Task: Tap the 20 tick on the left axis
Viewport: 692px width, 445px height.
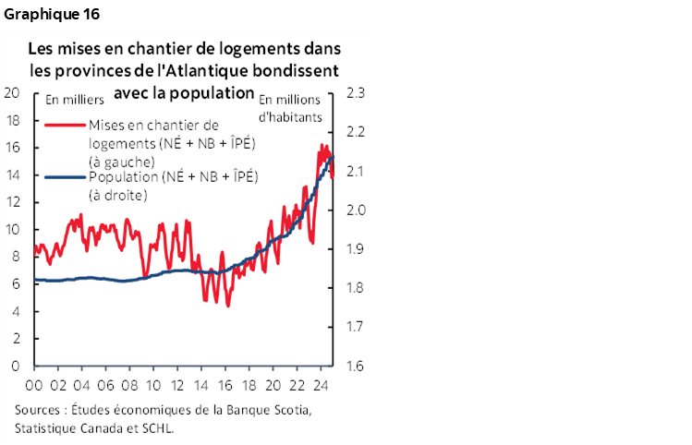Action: click(12, 92)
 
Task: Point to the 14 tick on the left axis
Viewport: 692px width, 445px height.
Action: click(12, 174)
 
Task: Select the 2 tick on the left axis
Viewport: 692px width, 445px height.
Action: click(16, 339)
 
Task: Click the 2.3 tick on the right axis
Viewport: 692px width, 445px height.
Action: click(355, 92)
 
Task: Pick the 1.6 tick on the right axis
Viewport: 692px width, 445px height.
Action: click(355, 366)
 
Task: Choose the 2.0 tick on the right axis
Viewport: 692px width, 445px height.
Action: click(355, 210)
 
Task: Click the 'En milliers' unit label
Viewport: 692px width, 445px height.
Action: click(70, 100)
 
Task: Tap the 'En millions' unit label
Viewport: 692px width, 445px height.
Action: click(291, 100)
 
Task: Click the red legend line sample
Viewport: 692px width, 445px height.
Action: click(65, 126)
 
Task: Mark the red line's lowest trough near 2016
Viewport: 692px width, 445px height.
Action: click(227, 306)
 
